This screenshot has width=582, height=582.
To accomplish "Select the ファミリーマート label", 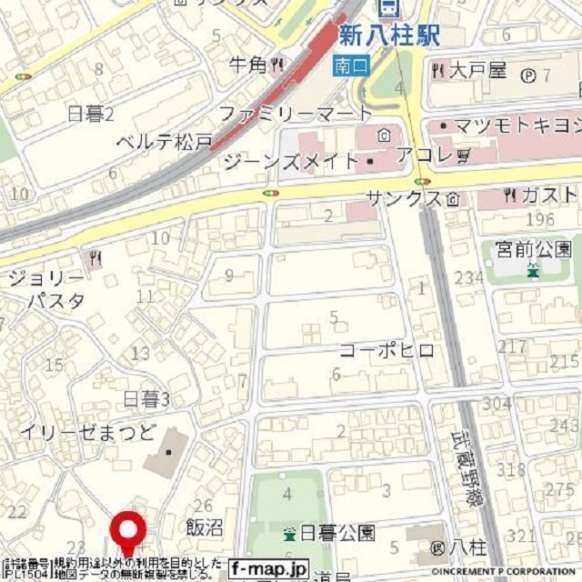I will [296, 114].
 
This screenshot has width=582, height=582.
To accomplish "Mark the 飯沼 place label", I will [204, 528].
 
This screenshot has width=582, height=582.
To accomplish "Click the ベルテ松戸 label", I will [165, 142].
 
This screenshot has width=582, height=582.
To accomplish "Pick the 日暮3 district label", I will [146, 398].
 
